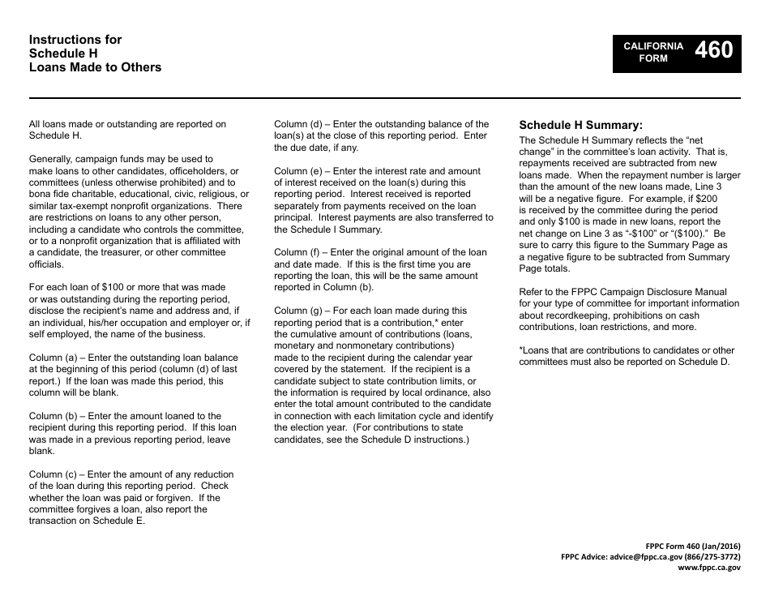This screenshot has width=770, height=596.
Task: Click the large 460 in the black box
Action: point(713,51)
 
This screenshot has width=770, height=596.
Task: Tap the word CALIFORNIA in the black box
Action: point(653,46)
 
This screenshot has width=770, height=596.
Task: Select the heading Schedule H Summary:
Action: point(580,126)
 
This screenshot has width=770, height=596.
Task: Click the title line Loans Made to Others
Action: point(95,67)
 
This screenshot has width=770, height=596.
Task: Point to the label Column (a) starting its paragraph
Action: point(53,358)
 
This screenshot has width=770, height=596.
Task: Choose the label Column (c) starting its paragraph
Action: point(53,474)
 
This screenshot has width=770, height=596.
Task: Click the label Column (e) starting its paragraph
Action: point(298,171)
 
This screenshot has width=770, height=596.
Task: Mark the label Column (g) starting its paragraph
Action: point(298,311)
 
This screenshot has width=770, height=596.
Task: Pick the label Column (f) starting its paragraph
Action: point(297,252)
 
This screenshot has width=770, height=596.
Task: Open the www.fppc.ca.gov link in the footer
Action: point(709,568)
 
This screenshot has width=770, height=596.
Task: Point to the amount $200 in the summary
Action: point(706,198)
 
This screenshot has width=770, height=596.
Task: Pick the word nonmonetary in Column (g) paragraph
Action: point(340,345)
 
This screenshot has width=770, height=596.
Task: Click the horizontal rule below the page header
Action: point(385,98)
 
